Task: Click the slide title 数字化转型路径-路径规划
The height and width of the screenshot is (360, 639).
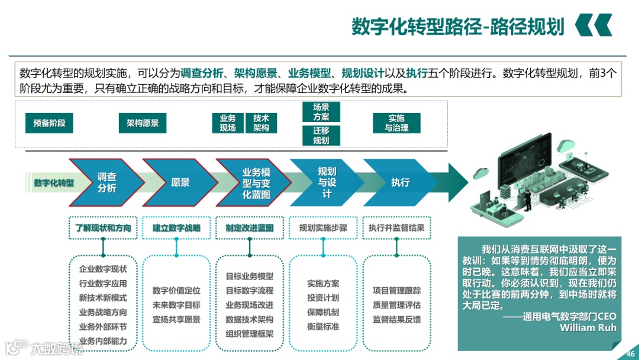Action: pos(458,26)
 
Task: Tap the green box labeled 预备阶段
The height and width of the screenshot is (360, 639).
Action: pos(49,123)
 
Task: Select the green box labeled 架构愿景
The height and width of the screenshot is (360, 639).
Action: pos(143,123)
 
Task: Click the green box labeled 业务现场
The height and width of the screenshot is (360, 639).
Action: pos(228,123)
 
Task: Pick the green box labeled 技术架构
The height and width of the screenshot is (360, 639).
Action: pos(261,123)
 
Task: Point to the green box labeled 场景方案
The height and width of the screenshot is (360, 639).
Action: pos(321,112)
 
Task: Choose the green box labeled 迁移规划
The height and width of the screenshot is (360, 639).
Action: pos(321,136)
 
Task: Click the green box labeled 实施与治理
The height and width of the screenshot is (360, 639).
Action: pos(396,123)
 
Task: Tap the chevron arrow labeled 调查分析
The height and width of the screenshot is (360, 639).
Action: pos(107,182)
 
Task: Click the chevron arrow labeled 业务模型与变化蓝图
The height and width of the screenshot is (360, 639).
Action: pos(256,182)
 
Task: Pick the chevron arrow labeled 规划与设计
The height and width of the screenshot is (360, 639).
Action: pos(327,182)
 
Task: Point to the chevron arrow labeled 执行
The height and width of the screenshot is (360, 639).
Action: pos(401,182)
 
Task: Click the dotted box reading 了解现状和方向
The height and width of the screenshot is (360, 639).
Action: pos(103,228)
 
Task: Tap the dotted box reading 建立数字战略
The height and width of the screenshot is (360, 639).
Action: pos(176,228)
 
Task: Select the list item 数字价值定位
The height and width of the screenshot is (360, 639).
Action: pos(176,291)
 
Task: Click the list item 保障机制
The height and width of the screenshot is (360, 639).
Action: pos(323,312)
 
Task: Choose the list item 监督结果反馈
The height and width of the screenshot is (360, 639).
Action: pos(396,319)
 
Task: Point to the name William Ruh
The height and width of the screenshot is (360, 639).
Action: pos(588,327)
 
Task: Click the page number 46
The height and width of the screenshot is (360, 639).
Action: pos(630,353)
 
